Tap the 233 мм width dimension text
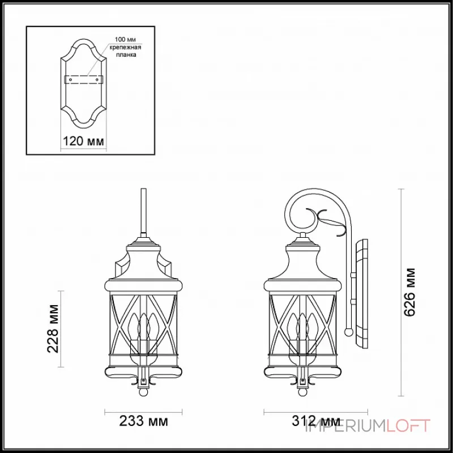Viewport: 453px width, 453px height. click(x=143, y=422)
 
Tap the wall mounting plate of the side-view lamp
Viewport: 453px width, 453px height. click(x=361, y=294)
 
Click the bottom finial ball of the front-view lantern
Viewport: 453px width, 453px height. click(x=144, y=391)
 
